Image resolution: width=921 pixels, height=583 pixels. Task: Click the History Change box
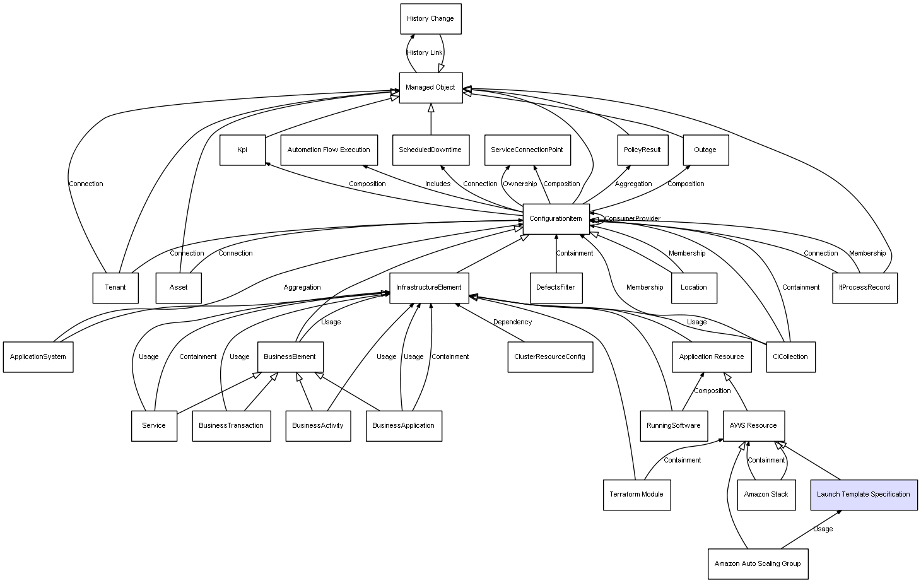431,19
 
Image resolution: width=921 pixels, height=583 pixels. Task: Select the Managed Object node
431,88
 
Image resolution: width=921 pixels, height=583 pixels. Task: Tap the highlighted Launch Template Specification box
864,495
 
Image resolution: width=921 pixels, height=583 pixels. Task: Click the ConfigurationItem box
556,219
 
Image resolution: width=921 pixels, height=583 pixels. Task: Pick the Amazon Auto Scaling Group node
758,563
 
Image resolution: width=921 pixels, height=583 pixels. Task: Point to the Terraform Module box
637,495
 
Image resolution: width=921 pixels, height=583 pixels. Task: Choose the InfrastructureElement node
429,288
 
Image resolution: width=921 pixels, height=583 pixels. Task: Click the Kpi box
242,150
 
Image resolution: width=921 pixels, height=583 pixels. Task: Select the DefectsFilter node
556,288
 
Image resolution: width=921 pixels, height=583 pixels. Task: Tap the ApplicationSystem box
38,357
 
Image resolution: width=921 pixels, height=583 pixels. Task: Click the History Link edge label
425,52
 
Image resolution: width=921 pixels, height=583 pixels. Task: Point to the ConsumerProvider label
632,218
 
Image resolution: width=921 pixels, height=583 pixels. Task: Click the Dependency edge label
512,322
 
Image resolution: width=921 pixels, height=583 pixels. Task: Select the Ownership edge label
520,184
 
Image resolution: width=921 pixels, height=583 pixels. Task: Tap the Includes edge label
438,184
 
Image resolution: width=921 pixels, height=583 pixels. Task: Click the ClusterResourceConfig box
550,357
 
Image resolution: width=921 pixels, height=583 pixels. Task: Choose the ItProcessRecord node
865,288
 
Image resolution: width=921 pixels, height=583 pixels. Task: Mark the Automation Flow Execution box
329,150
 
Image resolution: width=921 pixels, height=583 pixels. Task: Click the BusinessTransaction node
232,426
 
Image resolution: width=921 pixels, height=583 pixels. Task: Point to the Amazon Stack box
766,495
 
